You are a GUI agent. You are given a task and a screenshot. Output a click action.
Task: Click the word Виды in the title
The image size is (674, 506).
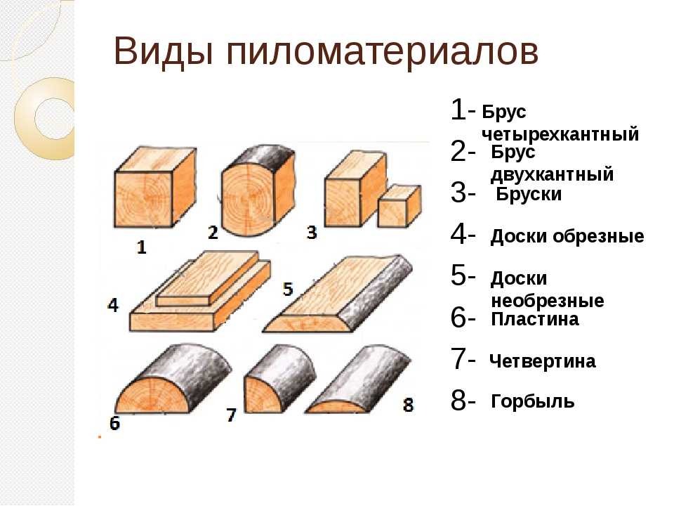pos(164,51)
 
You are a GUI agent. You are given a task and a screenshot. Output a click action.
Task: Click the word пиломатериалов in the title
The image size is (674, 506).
pos(382,53)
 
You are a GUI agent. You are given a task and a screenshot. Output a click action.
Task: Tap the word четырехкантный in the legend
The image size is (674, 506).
pos(560,134)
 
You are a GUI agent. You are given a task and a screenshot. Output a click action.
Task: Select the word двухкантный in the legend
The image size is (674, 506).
pos(552,174)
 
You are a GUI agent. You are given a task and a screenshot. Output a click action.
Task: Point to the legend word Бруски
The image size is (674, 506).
pos(529,194)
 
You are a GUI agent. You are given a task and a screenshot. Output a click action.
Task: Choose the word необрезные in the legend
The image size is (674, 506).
pos(547,301)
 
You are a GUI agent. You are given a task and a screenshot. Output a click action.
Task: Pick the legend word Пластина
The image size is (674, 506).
pos(535,319)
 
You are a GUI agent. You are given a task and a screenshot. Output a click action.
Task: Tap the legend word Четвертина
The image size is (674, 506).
pos(543,361)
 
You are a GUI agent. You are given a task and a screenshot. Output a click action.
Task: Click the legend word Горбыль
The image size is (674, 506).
pos(533,401)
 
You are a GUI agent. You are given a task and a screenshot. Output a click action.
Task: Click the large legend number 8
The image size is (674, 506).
pos(459,400)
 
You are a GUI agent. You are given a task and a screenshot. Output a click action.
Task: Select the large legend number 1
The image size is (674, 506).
pos(459,110)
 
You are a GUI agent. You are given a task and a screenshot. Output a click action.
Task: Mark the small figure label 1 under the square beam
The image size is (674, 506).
pos(141,247)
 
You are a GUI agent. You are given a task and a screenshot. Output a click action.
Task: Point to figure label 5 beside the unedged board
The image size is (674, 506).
pos(288,289)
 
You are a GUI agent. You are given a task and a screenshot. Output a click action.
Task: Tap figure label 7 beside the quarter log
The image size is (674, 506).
pos(231,415)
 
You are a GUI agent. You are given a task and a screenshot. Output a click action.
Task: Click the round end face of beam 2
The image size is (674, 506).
pos(246,198)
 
